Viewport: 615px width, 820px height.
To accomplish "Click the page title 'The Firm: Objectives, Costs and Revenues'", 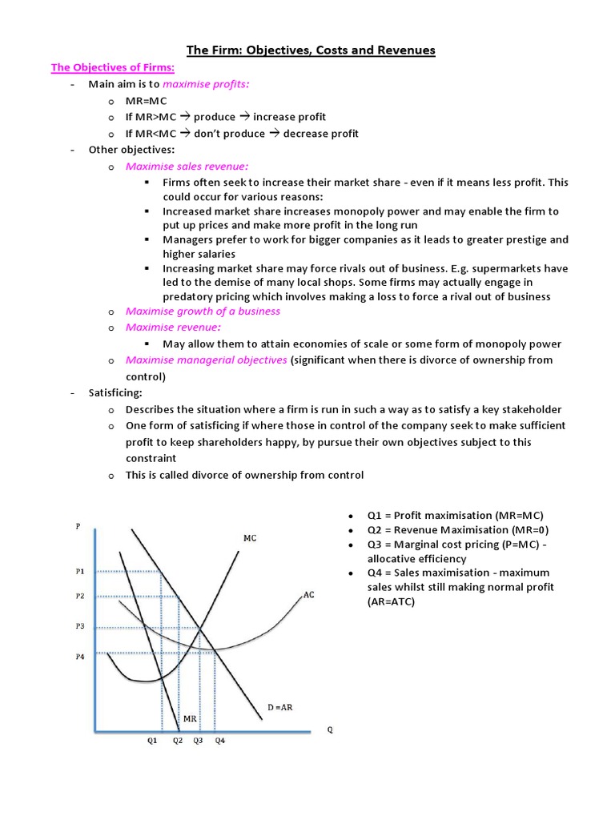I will point(311,50).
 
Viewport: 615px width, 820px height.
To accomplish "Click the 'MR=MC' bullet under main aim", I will point(146,100).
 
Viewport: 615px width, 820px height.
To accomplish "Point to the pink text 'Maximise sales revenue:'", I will point(187,167).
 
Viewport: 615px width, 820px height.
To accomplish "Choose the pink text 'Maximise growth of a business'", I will point(203,311).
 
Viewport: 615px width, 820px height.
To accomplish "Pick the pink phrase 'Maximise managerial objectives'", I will point(206,360).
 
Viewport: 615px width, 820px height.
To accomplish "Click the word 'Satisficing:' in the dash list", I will point(115,393).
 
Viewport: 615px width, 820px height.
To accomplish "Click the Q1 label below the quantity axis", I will point(152,741).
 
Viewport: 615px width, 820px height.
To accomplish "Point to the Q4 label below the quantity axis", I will point(219,741).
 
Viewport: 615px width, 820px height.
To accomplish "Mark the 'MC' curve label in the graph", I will point(250,539).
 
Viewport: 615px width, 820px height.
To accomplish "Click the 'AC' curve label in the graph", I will point(309,596).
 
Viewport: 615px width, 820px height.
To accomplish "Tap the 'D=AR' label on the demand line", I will point(279,707).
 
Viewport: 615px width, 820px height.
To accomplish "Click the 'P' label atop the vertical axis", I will point(77,526).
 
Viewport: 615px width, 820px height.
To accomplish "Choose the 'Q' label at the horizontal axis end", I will point(330,730).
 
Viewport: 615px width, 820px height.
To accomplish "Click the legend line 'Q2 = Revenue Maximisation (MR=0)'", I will point(458,529).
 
